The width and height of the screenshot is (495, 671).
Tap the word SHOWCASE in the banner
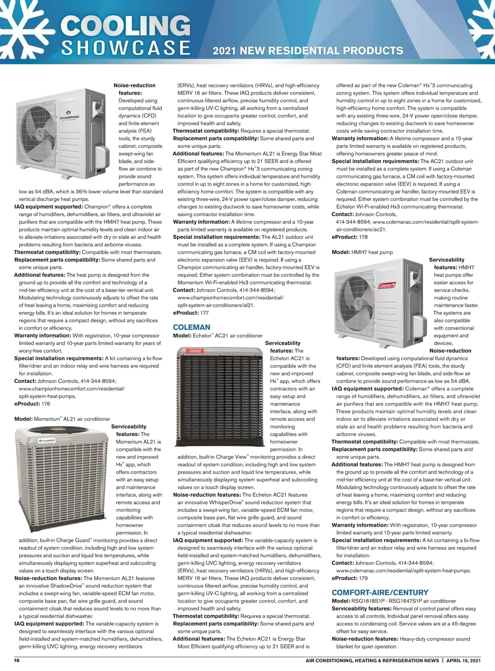coord(126,48)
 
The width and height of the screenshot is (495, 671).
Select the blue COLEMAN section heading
coord(191,327)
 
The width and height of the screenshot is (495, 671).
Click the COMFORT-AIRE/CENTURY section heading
coord(380,592)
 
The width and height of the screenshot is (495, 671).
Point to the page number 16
coord(17,660)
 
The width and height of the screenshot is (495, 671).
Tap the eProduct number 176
coord(45,404)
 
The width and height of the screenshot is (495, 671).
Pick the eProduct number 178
coord(363,237)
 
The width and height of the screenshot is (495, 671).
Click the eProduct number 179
coord(363,578)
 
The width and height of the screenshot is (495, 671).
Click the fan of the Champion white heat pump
coord(39,124)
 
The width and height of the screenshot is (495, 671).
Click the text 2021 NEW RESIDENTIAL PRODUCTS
coord(308,51)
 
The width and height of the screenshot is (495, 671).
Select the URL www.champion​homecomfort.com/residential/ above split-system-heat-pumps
coord(71,389)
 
